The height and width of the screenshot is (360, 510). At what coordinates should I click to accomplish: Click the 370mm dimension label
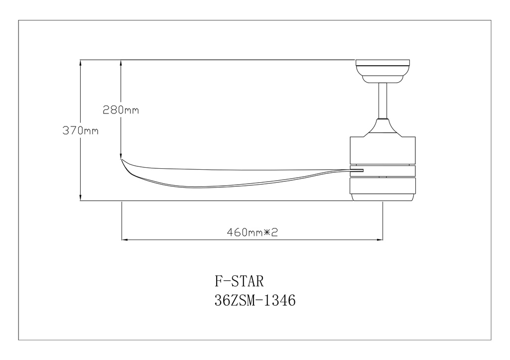(80, 131)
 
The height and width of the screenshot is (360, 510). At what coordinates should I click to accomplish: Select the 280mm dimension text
(121, 110)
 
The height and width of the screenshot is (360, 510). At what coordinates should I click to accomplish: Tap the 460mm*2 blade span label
(252, 232)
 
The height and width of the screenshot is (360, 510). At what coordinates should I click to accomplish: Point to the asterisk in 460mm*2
(267, 232)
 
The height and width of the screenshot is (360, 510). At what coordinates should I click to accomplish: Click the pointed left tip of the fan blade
(123, 161)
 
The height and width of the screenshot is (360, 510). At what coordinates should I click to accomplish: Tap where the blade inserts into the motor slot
(357, 172)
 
